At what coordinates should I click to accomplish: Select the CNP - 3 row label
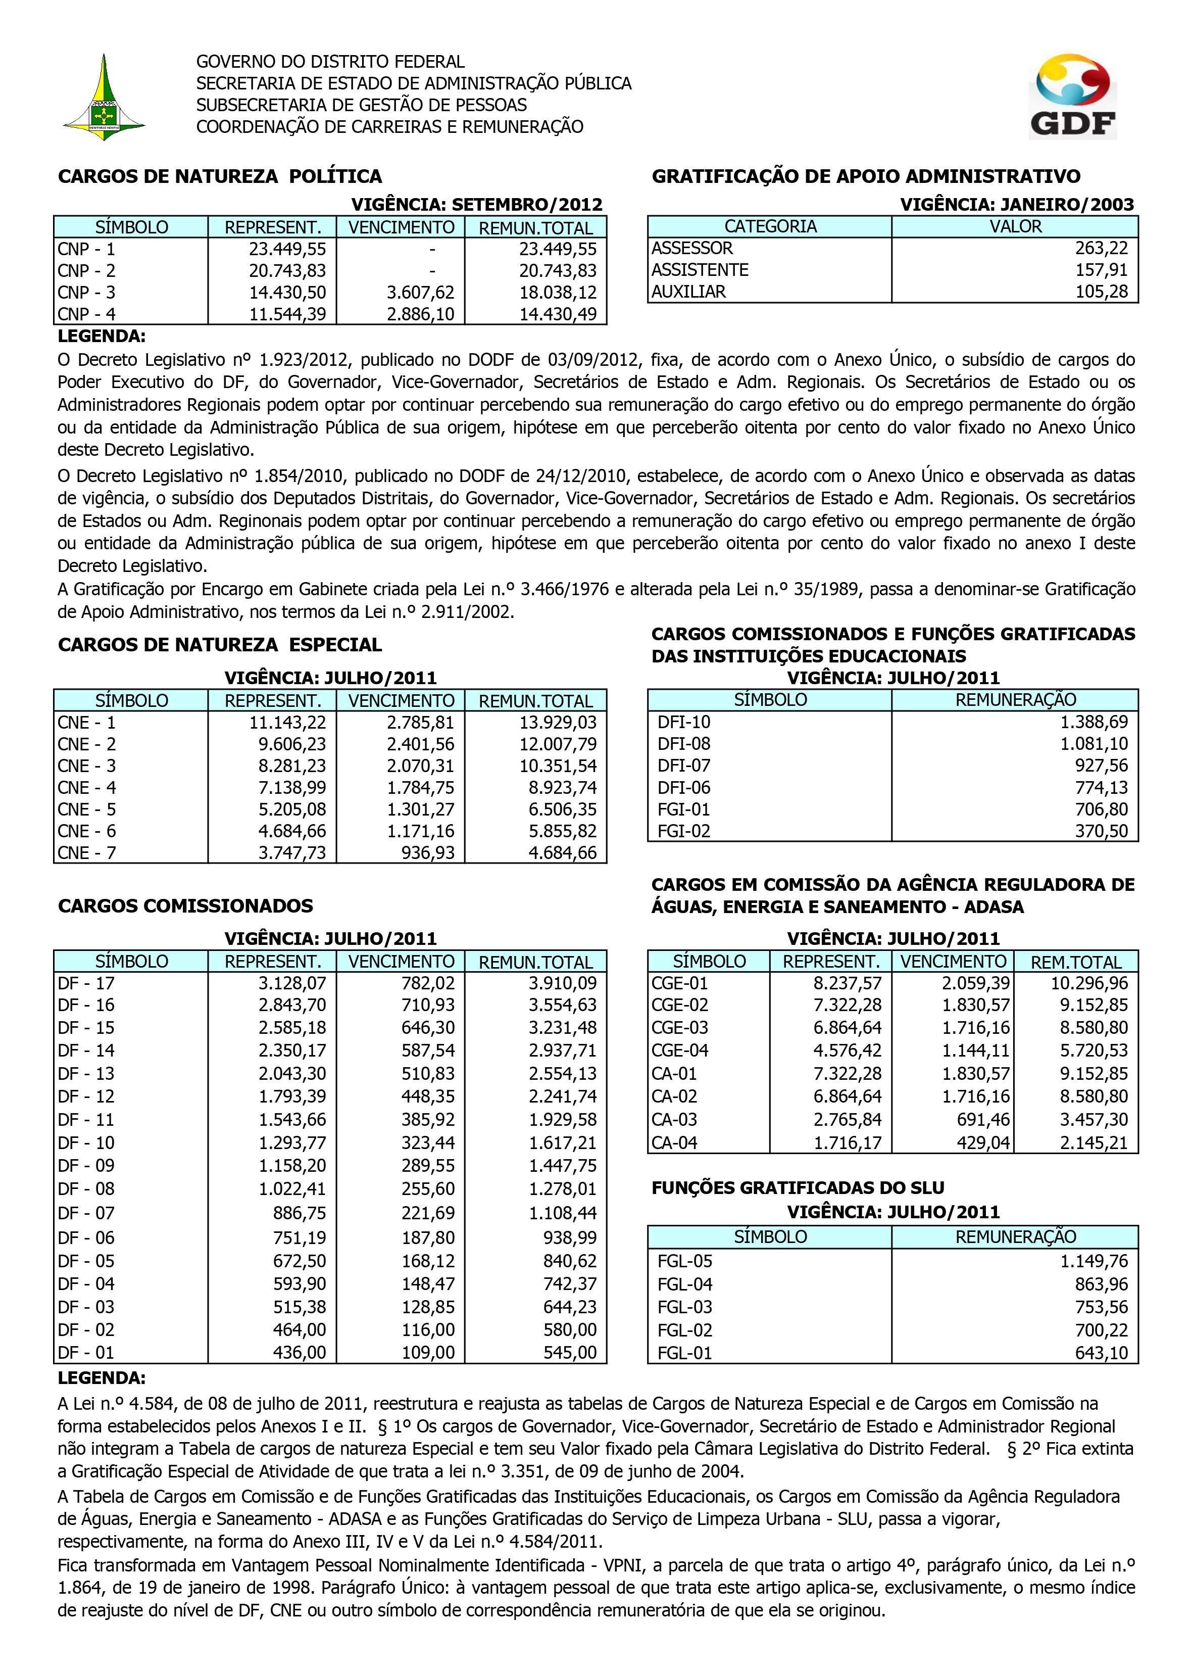[87, 293]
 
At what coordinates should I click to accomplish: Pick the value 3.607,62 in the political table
[420, 293]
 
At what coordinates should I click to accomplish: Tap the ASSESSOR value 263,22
[1101, 249]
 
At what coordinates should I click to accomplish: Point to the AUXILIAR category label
[688, 292]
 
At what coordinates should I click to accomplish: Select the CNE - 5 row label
[87, 809]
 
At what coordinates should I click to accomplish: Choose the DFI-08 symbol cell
[684, 744]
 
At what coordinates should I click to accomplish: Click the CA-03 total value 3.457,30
[1093, 1120]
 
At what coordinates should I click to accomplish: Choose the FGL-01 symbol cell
[685, 1353]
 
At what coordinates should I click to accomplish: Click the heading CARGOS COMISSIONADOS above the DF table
[186, 906]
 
